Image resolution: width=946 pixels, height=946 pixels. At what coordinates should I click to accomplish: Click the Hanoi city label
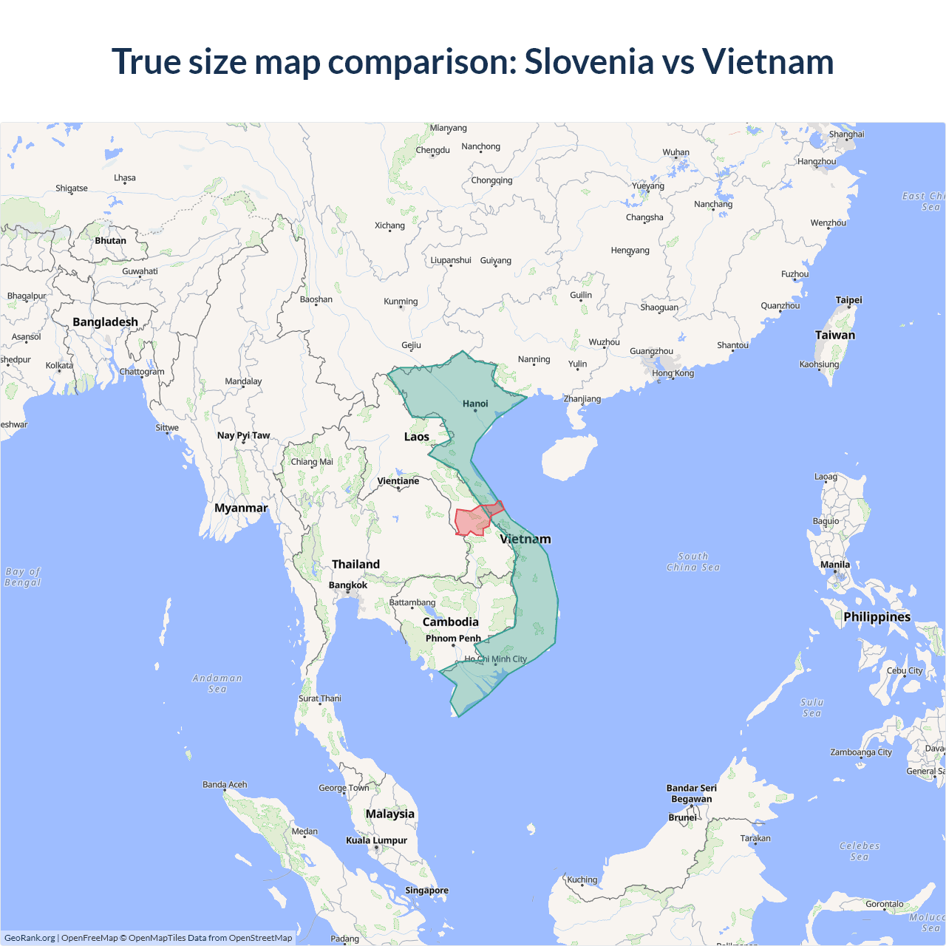click(475, 404)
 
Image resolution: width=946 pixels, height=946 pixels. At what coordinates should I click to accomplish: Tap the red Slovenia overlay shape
click(471, 521)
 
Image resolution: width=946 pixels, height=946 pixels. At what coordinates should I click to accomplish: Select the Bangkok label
click(347, 585)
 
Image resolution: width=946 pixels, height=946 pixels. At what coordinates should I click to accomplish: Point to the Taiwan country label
click(834, 335)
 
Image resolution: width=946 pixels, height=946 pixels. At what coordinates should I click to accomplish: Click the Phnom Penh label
click(453, 639)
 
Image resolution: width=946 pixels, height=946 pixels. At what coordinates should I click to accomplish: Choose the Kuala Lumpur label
click(376, 840)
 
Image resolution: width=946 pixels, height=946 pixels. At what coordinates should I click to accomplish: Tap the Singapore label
click(426, 891)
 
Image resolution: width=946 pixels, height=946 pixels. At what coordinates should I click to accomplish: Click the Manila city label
click(835, 565)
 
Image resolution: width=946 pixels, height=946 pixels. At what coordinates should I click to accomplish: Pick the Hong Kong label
click(673, 373)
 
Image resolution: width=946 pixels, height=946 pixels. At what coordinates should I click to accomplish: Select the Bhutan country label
click(110, 241)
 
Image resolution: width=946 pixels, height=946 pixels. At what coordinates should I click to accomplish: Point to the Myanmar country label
click(241, 508)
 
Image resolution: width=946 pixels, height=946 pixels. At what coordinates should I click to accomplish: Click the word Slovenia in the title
click(589, 61)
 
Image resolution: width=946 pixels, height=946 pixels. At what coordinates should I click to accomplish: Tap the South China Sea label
click(693, 562)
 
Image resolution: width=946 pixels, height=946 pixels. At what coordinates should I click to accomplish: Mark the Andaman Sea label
click(217, 684)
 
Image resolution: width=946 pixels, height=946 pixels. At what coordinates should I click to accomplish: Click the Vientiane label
click(398, 481)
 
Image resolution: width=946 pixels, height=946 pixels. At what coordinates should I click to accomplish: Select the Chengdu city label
click(432, 150)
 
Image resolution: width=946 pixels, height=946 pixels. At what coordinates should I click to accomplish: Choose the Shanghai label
click(846, 135)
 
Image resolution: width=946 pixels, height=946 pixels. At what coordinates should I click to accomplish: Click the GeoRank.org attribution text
click(30, 938)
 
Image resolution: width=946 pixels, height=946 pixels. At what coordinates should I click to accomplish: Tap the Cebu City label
click(905, 671)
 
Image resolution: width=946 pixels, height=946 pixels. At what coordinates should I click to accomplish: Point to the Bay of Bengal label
click(23, 577)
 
